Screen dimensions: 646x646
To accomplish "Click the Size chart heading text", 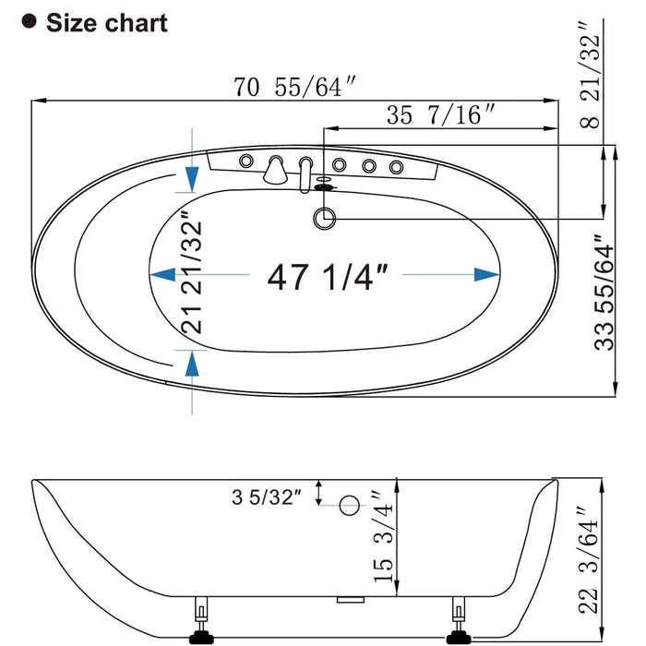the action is pyautogui.click(x=107, y=23).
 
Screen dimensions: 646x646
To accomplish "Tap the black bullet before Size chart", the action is pyautogui.click(x=29, y=21).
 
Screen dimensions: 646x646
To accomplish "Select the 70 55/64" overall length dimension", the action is pyautogui.click(x=294, y=87).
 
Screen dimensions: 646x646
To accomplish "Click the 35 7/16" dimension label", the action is pyautogui.click(x=440, y=114).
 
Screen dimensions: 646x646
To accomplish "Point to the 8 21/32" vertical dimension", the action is pyautogui.click(x=590, y=75).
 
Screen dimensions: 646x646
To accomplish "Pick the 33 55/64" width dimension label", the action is pyautogui.click(x=604, y=293).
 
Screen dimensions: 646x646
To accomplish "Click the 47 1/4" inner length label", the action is pyautogui.click(x=328, y=277).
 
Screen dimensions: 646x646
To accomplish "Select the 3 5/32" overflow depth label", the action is pyautogui.click(x=267, y=497).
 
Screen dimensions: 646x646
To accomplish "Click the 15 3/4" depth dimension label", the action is pyautogui.click(x=383, y=536).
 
